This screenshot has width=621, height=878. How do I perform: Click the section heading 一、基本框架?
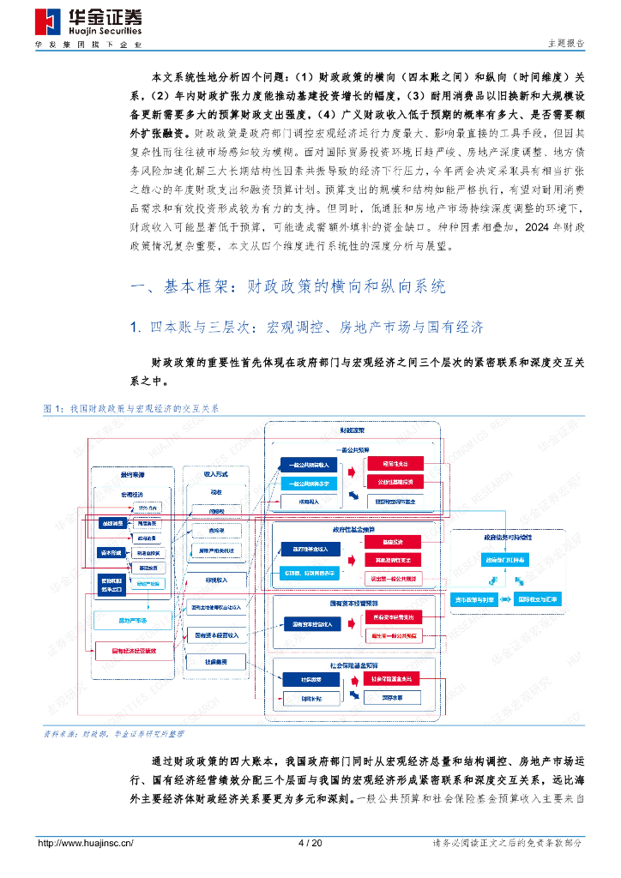pos(286,286)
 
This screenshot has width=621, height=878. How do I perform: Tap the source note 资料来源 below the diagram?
pos(113,734)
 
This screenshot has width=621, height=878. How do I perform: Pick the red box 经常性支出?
pos(395,464)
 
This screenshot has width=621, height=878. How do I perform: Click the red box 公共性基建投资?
pos(395,483)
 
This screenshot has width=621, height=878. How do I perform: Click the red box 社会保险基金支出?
pos(395,679)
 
